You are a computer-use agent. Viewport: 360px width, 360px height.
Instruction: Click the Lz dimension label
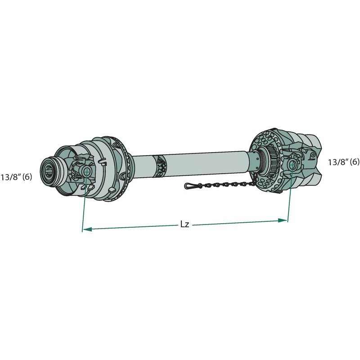click(x=184, y=224)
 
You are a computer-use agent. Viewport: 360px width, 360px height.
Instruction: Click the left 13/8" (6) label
click(x=16, y=177)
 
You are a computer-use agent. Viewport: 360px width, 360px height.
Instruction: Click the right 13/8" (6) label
click(x=343, y=162)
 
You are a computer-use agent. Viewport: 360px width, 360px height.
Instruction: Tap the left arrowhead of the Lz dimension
click(x=87, y=229)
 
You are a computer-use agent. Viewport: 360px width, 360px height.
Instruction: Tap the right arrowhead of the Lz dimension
click(x=282, y=220)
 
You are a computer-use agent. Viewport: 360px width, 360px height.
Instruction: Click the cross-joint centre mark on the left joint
click(x=86, y=171)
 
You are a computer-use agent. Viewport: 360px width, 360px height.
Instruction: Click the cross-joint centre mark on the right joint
click(x=292, y=164)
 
